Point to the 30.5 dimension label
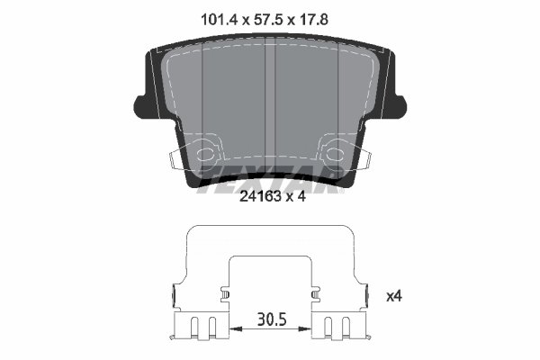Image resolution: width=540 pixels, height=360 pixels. tap(270, 318)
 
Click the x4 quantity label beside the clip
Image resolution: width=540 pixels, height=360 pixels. tap(393, 295)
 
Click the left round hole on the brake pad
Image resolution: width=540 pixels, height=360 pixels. tap(207, 149)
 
